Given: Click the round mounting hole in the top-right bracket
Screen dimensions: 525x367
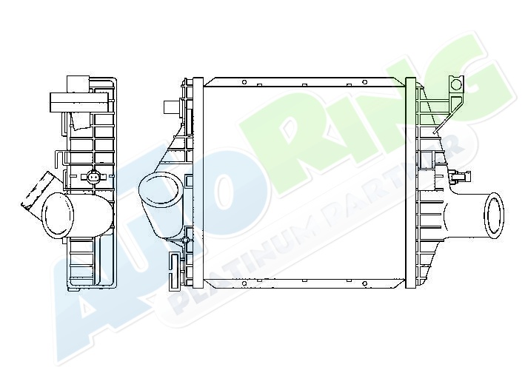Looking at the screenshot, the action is point(455,84).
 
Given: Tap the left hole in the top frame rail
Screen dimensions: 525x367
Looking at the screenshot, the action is point(244,82).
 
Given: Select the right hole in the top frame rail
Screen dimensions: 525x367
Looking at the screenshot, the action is point(364,82).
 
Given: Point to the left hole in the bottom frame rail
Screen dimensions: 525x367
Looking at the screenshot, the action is point(244,283).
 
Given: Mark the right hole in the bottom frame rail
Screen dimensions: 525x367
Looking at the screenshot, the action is point(364,283).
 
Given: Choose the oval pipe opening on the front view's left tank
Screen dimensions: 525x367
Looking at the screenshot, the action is point(160,188).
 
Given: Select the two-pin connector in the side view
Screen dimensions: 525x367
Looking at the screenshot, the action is point(93,175).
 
